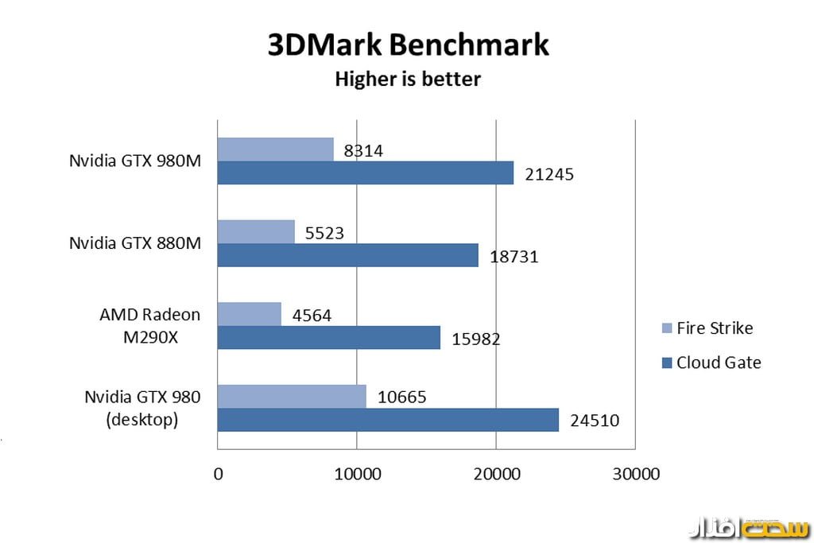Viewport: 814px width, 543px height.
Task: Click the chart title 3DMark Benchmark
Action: (408, 45)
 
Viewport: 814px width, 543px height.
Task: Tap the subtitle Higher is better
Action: (408, 80)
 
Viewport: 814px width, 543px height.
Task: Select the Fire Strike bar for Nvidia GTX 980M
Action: (275, 149)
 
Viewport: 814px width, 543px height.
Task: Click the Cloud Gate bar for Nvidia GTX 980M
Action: (366, 173)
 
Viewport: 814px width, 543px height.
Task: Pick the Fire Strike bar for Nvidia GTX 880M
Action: (256, 231)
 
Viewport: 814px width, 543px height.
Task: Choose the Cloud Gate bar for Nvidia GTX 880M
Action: (348, 255)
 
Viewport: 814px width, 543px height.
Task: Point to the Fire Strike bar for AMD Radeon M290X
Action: (250, 314)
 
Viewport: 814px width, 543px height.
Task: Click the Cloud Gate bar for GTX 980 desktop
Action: (388, 420)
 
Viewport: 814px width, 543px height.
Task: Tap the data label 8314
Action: (364, 150)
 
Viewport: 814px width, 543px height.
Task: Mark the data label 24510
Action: (592, 420)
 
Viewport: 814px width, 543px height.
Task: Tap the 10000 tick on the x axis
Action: (357, 475)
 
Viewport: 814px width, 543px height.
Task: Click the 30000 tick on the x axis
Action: (635, 475)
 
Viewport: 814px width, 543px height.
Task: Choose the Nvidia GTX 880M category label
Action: (134, 243)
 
